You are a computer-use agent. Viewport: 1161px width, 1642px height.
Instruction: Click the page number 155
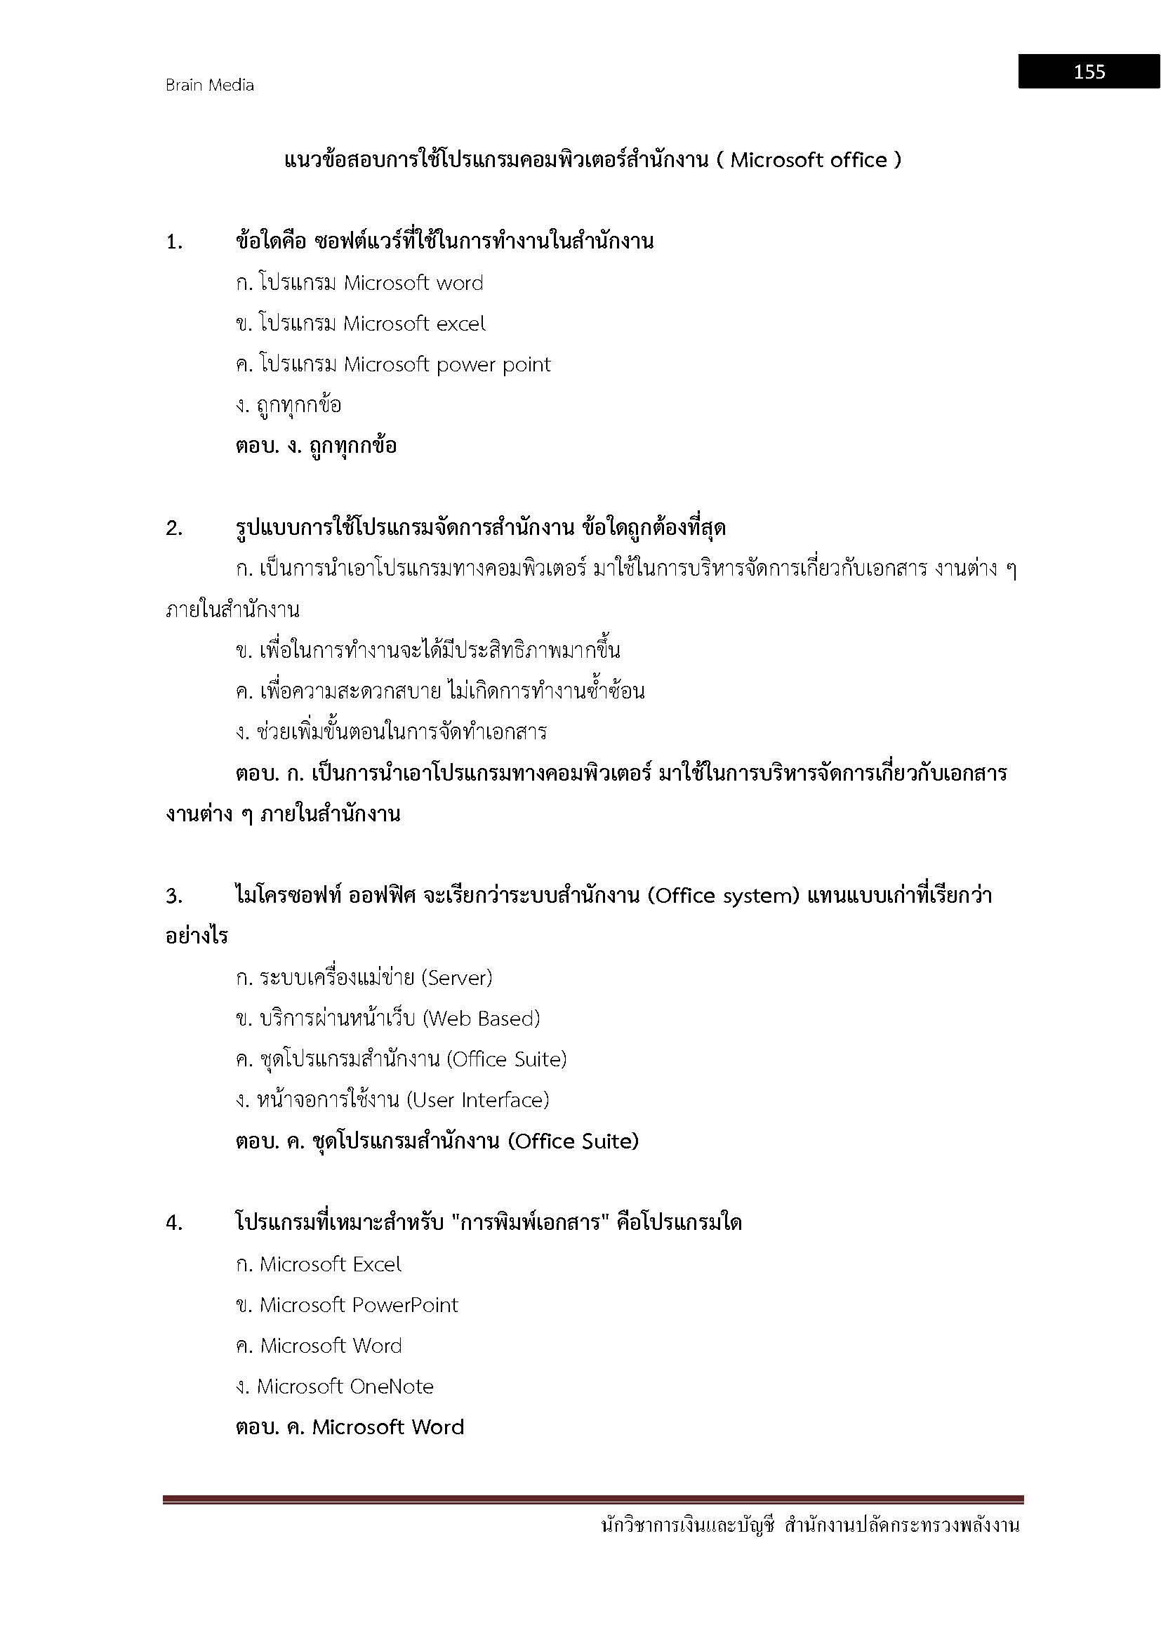[1089, 72]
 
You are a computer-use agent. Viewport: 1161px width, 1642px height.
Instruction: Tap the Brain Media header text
[209, 85]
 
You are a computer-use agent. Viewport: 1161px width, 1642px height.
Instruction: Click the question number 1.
[173, 242]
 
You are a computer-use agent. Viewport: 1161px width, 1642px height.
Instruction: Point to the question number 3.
[173, 896]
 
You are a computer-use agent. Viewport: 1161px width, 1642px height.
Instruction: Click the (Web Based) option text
[481, 1019]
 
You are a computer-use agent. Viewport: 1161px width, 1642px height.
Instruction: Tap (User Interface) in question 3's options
[477, 1100]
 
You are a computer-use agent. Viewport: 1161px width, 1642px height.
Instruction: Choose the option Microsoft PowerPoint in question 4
[358, 1305]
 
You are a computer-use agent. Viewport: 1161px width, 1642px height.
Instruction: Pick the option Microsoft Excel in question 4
[331, 1264]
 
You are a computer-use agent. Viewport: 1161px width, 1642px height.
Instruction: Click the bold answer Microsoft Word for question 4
[388, 1427]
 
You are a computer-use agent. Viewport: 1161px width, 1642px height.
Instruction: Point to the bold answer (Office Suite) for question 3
[573, 1141]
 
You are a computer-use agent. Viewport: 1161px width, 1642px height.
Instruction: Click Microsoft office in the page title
[808, 160]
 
